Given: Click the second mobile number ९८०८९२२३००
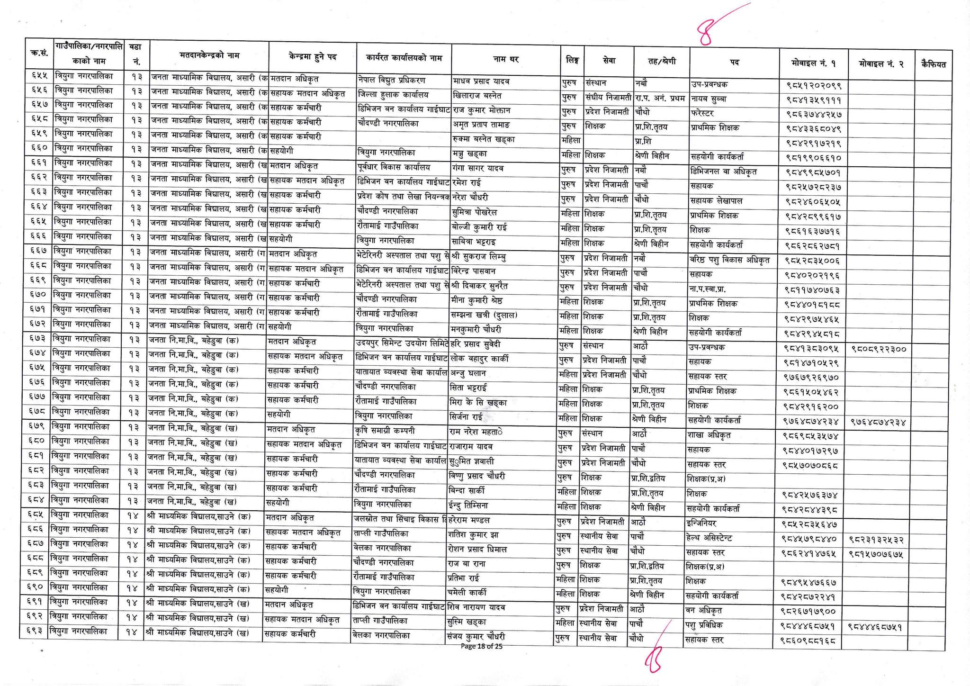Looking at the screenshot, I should pyautogui.click(x=879, y=349).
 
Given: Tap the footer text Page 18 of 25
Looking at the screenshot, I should pyautogui.click(x=481, y=646).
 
